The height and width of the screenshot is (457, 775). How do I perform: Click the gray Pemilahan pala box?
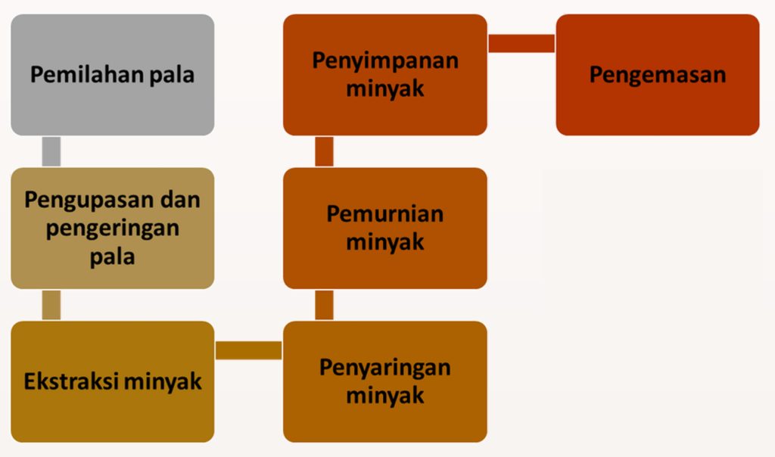tap(113, 75)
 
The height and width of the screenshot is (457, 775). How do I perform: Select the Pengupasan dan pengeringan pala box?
tap(113, 228)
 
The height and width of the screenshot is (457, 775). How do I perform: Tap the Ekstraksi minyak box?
tap(113, 381)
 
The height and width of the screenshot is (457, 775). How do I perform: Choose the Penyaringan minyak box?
tap(385, 381)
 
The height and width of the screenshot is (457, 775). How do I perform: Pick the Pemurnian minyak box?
tap(385, 228)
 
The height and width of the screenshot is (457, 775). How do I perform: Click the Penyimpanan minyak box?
tap(385, 75)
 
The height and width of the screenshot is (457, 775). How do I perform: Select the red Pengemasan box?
tap(658, 75)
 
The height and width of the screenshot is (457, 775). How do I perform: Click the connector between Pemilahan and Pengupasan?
tap(51, 151)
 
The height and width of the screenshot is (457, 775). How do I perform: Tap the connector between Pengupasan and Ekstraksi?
tap(51, 306)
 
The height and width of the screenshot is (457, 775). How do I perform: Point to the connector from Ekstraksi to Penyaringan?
tap(248, 350)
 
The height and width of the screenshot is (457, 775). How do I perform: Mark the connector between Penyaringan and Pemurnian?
tap(324, 306)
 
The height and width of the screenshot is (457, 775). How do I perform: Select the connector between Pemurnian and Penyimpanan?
tap(324, 151)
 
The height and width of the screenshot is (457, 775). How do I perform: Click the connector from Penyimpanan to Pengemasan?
tap(521, 43)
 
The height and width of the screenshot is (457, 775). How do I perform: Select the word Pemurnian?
tap(385, 214)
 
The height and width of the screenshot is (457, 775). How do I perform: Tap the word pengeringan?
tap(113, 229)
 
